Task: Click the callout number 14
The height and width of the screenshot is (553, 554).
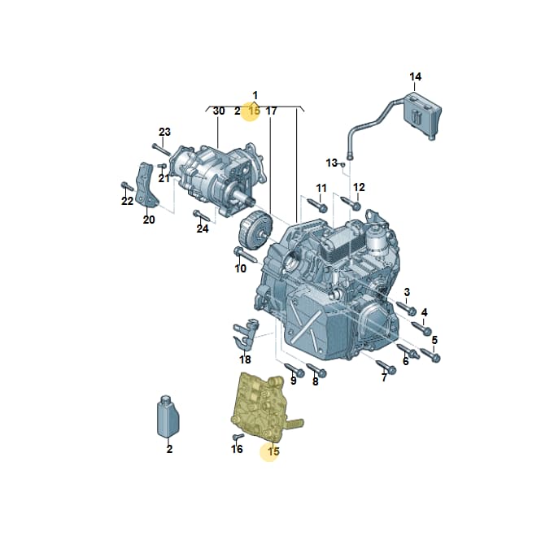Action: pos(415,76)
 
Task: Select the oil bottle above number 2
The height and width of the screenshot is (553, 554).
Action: pos(168,417)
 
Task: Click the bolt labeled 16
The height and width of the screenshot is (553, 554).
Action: pos(238,438)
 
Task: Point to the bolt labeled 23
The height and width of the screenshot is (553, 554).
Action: pos(161,149)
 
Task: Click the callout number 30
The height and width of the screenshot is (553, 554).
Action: pos(219,111)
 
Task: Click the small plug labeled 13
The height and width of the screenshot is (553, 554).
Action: pos(342,163)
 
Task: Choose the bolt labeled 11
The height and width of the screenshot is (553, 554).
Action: pos(317,205)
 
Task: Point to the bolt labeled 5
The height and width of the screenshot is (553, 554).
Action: pos(430,355)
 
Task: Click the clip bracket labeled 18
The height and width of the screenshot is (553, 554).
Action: pos(246,334)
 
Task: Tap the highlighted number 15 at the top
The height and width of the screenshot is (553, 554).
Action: pos(254,111)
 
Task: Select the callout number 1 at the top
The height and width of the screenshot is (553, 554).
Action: pos(255,95)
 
